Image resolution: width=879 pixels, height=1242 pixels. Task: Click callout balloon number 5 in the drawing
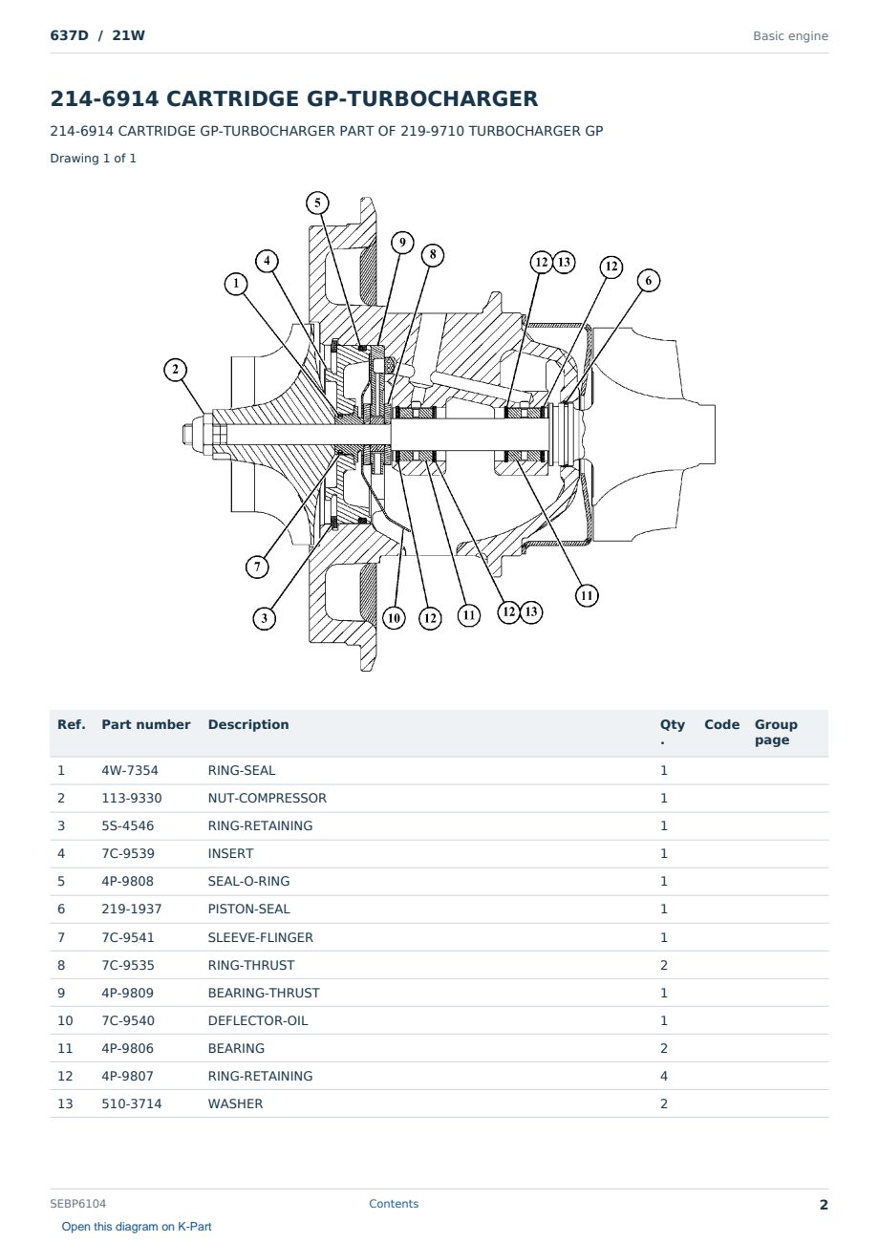pyautogui.click(x=317, y=203)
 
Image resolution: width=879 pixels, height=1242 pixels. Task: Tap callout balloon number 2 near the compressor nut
pyautogui.click(x=175, y=370)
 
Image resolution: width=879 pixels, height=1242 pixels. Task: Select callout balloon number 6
pyautogui.click(x=649, y=281)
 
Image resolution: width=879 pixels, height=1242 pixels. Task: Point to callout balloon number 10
pyautogui.click(x=394, y=618)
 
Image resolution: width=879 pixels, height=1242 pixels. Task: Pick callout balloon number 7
pyautogui.click(x=257, y=567)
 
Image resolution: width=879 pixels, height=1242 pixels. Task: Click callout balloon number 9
pyautogui.click(x=402, y=243)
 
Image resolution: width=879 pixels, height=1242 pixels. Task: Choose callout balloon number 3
pyautogui.click(x=264, y=618)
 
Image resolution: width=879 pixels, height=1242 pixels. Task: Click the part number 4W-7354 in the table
pyautogui.click(x=129, y=770)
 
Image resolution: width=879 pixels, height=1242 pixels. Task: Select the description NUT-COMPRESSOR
pyautogui.click(x=267, y=798)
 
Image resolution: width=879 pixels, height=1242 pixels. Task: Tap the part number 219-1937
pyautogui.click(x=132, y=909)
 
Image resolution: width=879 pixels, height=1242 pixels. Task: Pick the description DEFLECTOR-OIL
pyautogui.click(x=257, y=1020)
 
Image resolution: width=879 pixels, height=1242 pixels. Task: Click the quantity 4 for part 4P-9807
pyautogui.click(x=664, y=1076)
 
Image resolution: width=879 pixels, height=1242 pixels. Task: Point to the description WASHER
pyautogui.click(x=235, y=1103)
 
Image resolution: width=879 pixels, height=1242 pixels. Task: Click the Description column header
pyautogui.click(x=247, y=724)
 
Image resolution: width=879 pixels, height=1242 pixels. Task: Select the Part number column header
pyautogui.click(x=145, y=724)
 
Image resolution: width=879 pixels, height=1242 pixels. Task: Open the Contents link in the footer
pyautogui.click(x=394, y=1203)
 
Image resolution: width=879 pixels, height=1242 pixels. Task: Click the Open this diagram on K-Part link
pyautogui.click(x=137, y=1226)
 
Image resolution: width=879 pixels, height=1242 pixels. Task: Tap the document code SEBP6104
pyautogui.click(x=77, y=1203)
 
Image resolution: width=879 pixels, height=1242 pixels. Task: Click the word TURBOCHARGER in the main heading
pyautogui.click(x=421, y=98)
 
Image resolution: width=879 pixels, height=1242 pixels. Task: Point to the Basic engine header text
pyautogui.click(x=790, y=36)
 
